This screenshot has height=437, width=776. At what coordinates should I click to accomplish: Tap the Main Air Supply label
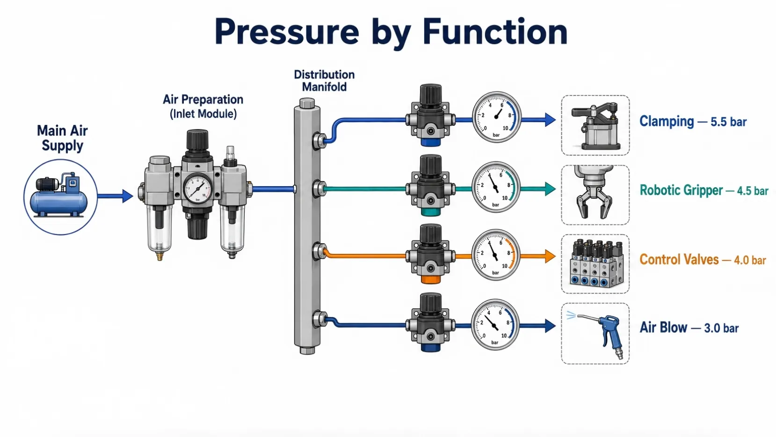pos(62,138)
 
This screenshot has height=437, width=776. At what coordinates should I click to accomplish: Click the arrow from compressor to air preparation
pos(116,196)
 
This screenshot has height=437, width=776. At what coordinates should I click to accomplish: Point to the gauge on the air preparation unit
pos(197,189)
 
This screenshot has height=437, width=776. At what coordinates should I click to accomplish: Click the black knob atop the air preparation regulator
pos(197,140)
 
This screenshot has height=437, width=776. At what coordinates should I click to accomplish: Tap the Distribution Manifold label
pos(324,81)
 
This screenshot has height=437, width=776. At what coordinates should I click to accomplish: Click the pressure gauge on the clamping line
pos(496,117)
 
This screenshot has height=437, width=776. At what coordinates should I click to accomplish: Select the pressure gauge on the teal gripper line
pos(496,187)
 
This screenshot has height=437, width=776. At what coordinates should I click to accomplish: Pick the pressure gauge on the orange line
pos(495,255)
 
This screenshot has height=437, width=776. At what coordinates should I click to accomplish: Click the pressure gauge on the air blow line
pos(495,325)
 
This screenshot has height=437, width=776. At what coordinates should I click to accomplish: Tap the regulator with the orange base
pos(430,254)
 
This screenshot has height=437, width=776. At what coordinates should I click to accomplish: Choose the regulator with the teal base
pos(430,186)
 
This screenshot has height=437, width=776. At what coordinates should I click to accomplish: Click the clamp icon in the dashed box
pos(595,126)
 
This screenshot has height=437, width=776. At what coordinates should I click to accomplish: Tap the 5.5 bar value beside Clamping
pos(728,122)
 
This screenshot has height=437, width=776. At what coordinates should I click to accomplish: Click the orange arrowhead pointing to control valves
pos(550,256)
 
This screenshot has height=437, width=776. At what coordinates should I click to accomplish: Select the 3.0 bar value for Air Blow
pos(721,328)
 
